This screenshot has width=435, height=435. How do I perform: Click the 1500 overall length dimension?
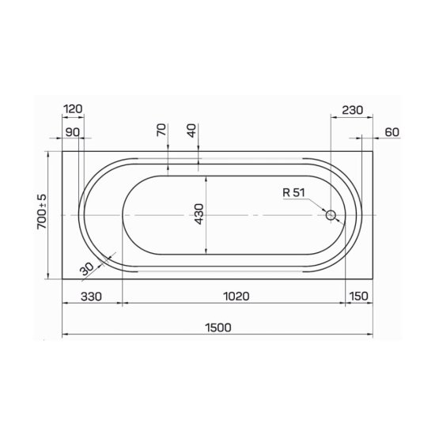tap(218, 327)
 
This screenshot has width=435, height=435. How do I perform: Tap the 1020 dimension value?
tap(236, 297)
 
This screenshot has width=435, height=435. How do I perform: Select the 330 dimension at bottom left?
tap(91, 297)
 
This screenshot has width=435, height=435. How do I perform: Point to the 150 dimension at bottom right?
tap(359, 296)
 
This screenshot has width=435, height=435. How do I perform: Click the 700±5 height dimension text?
tap(42, 212)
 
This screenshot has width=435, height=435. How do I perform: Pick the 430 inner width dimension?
tap(199, 214)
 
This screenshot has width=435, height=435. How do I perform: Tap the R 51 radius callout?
tap(293, 192)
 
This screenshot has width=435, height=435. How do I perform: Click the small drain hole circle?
tap(331, 215)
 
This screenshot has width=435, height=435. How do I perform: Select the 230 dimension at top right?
tap(352, 110)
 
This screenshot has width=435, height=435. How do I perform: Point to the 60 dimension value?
tap(392, 132)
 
